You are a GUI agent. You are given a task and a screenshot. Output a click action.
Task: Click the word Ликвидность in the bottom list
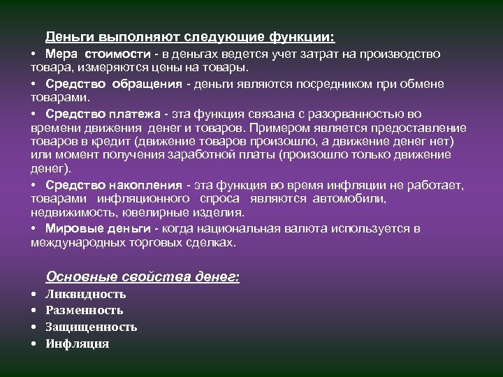tap(85, 294)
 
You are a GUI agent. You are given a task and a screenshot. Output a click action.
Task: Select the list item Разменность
tap(84, 310)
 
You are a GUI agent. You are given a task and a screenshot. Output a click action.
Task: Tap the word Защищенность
tap(91, 327)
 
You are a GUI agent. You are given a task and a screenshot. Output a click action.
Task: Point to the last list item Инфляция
tap(77, 343)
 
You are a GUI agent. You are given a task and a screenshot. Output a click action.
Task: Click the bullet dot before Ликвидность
tap(34, 294)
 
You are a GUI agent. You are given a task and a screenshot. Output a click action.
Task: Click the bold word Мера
tap(61, 54)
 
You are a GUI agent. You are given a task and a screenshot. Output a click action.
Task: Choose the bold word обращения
tap(147, 84)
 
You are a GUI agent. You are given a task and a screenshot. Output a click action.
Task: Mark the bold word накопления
tap(146, 185)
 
